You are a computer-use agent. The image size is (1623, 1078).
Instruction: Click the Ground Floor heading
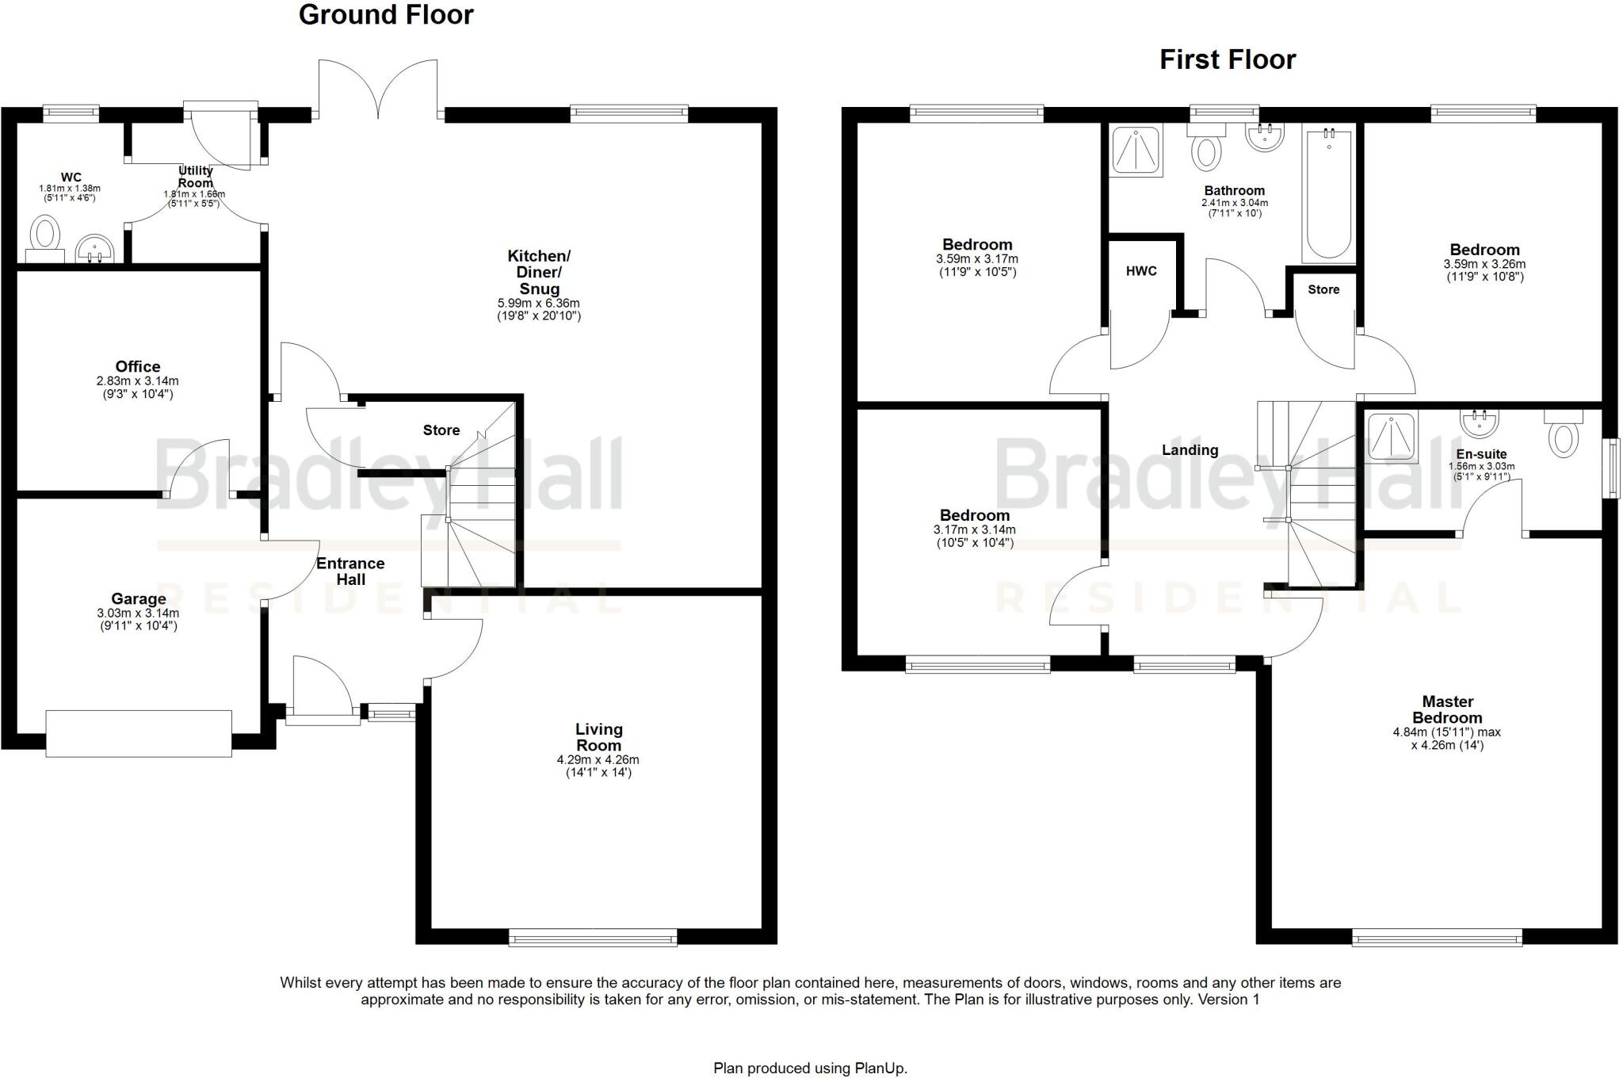[x=386, y=15]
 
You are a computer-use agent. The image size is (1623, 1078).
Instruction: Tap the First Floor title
[x=1228, y=59]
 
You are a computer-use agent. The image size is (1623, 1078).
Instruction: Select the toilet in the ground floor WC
[x=45, y=235]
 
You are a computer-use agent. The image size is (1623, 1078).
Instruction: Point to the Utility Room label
[x=195, y=177]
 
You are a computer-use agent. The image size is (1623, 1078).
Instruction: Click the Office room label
[x=138, y=366]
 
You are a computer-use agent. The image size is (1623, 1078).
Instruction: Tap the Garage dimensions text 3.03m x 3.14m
[x=138, y=613]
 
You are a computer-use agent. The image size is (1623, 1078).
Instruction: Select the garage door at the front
[x=139, y=733]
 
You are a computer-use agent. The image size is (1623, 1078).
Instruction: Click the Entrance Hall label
[x=350, y=571]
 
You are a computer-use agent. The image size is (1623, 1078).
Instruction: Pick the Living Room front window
[x=593, y=938]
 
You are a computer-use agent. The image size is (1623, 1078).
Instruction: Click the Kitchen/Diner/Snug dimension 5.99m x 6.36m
[x=539, y=303]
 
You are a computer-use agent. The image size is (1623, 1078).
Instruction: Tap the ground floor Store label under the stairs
[x=441, y=430]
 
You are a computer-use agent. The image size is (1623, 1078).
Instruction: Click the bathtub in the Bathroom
[x=1329, y=194]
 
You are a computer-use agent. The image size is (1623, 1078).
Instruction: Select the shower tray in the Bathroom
[x=1135, y=151]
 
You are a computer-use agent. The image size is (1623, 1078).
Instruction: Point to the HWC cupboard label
[x=1141, y=271]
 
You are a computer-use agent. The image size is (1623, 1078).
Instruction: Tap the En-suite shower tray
[x=1392, y=438]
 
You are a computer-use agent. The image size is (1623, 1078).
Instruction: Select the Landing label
[x=1190, y=450]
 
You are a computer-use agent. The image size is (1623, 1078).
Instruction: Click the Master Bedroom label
[x=1447, y=709]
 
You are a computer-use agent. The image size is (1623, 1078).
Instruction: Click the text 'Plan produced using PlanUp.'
[x=810, y=1068]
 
